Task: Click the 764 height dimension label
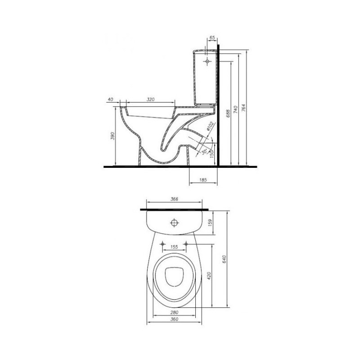[243, 108]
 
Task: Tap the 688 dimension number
[228, 114]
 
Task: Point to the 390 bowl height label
[112, 136]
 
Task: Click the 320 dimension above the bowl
[150, 99]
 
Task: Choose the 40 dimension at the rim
[110, 99]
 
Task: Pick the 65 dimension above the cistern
[212, 37]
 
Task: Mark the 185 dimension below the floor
[203, 180]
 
